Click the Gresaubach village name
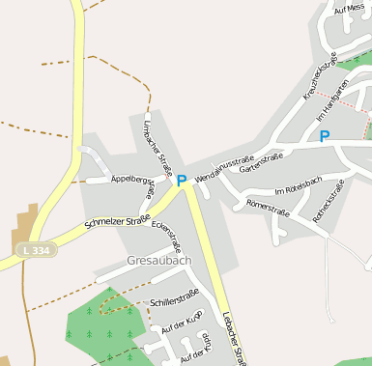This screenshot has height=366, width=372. click(x=158, y=262)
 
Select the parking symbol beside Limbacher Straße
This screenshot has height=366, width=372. click(x=181, y=181)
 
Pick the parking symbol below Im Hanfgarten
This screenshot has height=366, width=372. click(x=325, y=137)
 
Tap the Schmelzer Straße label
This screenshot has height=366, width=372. click(x=117, y=221)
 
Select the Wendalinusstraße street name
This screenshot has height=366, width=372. click(x=224, y=168)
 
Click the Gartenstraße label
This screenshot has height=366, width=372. click(x=261, y=162)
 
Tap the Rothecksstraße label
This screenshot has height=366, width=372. click(x=329, y=202)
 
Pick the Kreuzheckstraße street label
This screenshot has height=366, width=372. click(x=320, y=75)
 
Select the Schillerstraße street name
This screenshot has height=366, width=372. click(x=174, y=297)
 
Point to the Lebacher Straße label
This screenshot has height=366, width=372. click(x=235, y=333)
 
